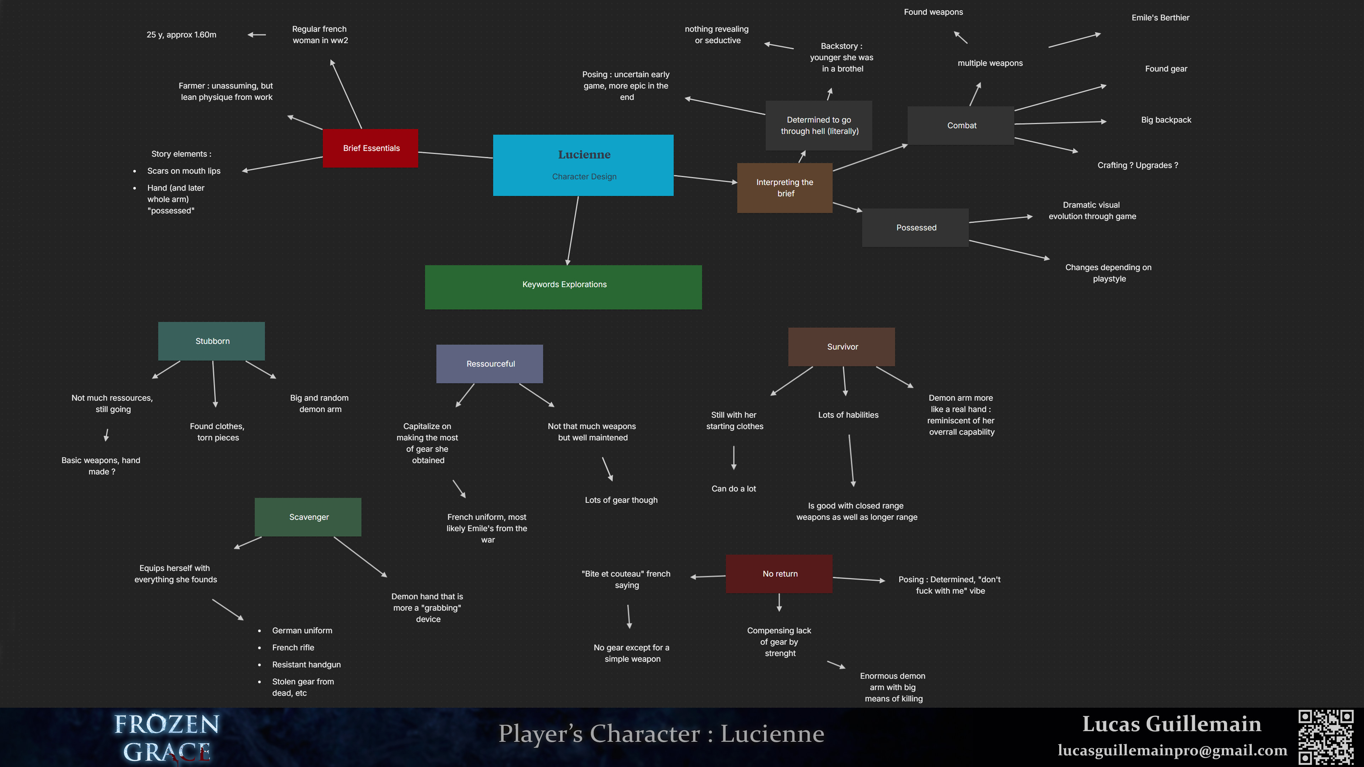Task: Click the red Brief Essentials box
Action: (x=370, y=148)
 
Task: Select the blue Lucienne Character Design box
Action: (x=583, y=165)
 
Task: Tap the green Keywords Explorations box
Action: (x=563, y=287)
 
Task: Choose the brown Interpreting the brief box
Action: (x=784, y=188)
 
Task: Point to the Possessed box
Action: (x=915, y=228)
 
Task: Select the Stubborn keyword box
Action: (x=211, y=341)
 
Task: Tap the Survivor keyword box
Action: (x=841, y=347)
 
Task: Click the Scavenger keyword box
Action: (x=308, y=517)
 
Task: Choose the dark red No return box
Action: (x=779, y=574)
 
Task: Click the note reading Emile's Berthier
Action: (x=1160, y=17)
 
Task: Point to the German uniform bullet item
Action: (x=302, y=630)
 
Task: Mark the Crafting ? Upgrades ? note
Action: (x=1137, y=165)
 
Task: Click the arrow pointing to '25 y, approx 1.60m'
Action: (x=257, y=35)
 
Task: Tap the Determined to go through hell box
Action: (x=819, y=125)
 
